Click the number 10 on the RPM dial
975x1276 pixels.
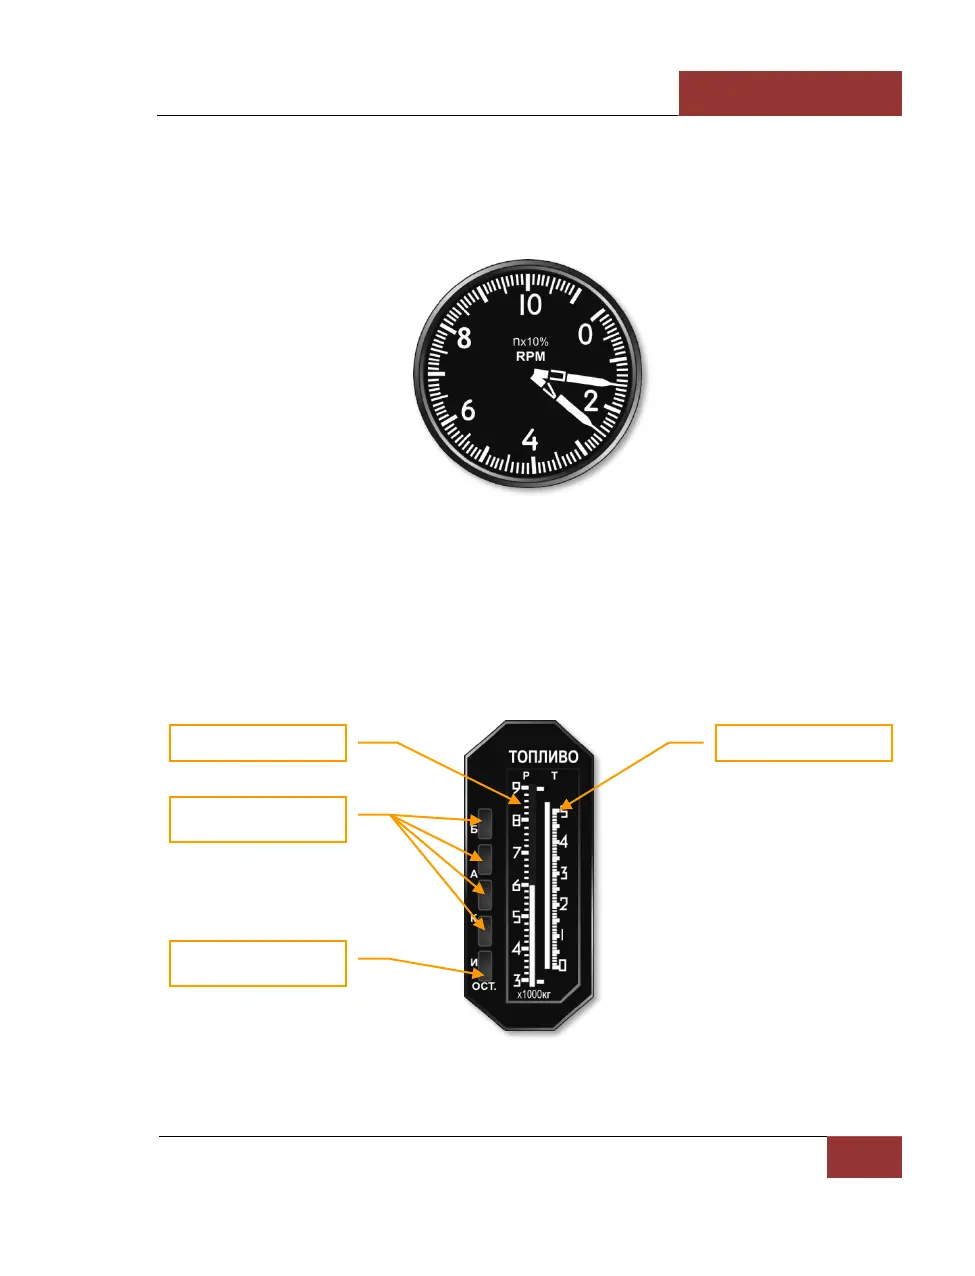tap(530, 304)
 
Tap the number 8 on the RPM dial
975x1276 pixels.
tap(464, 338)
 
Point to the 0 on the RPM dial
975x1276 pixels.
tap(587, 333)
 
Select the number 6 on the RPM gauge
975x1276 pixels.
tap(468, 410)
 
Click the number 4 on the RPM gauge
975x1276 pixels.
tap(530, 440)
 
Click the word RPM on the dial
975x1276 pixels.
tap(530, 356)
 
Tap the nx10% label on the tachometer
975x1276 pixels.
tap(530, 342)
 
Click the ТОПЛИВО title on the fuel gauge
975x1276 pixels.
tap(543, 757)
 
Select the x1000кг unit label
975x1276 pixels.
tap(534, 994)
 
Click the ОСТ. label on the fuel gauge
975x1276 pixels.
tap(484, 986)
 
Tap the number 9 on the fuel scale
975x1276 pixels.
tap(516, 788)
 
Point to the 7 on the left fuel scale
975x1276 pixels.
tap(517, 853)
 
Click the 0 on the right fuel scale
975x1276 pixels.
tap(562, 965)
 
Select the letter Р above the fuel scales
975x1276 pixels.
tap(527, 775)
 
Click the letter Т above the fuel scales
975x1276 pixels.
tap(555, 775)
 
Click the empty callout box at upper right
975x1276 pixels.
tap(803, 743)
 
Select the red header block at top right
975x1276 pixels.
tap(790, 93)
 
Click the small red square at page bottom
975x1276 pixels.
tap(864, 1157)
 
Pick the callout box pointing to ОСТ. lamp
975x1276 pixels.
tap(258, 963)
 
